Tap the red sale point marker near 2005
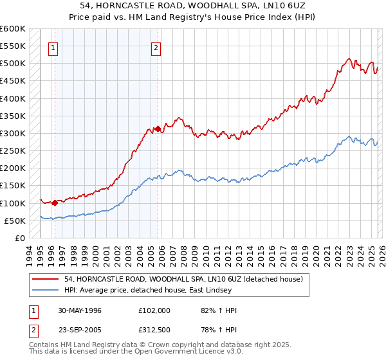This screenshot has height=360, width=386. [158, 129]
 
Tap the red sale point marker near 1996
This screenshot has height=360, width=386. [55, 203]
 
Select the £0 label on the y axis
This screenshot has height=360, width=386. [19, 238]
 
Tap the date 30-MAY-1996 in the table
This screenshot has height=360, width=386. [80, 310]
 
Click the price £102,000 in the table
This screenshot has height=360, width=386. [154, 310]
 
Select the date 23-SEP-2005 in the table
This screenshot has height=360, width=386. [80, 332]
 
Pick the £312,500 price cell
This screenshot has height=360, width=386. [154, 332]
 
